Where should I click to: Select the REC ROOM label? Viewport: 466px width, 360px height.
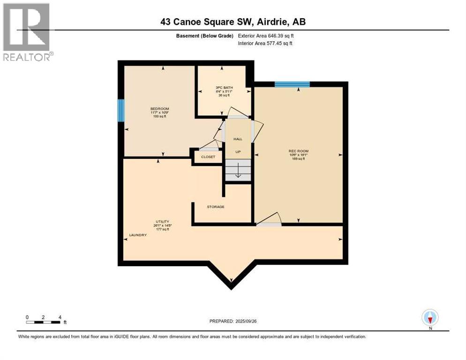click(298, 151)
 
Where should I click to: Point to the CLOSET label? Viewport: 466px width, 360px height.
click(208, 157)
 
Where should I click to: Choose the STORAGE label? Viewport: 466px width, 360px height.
click(216, 207)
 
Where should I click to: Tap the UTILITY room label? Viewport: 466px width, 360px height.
click(162, 221)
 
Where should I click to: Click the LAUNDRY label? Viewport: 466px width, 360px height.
click(138, 235)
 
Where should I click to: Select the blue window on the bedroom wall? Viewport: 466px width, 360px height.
click(121, 111)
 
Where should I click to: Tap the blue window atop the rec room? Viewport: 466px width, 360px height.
click(292, 84)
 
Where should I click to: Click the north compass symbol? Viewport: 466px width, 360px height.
click(430, 318)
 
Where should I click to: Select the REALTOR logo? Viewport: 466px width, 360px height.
click(27, 32)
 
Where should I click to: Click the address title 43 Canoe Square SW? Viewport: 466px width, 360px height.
click(233, 22)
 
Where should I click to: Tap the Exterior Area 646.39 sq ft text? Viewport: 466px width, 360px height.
click(266, 36)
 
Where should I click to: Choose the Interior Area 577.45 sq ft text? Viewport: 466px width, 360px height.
click(266, 44)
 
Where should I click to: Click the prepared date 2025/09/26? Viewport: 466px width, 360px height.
click(233, 321)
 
